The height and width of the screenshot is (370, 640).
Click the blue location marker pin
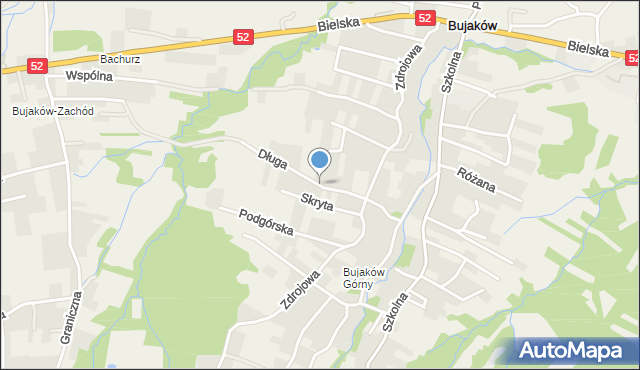320,161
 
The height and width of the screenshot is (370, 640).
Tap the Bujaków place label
474,26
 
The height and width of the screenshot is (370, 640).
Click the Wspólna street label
88,76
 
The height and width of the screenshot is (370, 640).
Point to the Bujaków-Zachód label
53,111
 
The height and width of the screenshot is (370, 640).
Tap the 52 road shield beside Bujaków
426,18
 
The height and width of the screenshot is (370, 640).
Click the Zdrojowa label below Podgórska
300,288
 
